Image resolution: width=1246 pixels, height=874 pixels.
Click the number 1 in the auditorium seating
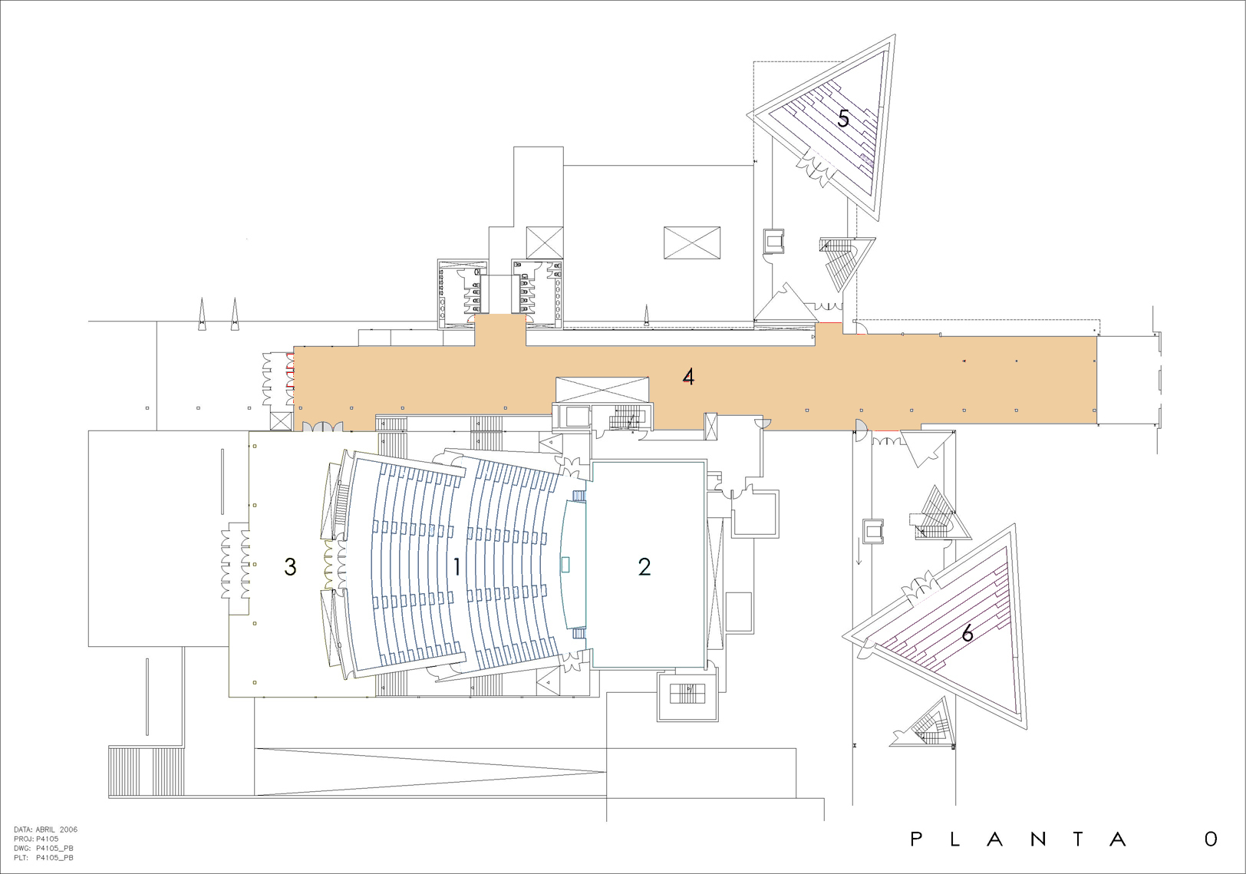click(457, 567)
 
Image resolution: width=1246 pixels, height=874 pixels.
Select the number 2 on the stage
click(644, 567)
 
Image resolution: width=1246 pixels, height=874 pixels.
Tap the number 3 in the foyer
click(290, 567)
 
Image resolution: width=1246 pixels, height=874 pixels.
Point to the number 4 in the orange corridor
click(689, 378)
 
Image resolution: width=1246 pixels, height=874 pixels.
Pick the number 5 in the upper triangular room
click(843, 118)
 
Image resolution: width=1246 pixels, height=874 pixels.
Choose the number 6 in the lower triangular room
click(967, 633)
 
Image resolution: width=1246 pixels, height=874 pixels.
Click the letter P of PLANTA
click(916, 839)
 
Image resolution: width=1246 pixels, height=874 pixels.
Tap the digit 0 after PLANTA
click(1211, 839)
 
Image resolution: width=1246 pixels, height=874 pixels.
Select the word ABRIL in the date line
click(45, 829)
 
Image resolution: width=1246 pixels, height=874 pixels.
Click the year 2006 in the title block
click(69, 829)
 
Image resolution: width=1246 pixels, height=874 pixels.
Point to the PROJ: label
click(23, 839)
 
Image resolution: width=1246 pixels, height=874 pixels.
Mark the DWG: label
click(22, 849)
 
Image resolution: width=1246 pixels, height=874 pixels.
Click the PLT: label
click(21, 858)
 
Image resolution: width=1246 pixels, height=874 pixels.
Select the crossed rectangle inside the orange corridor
click(602, 390)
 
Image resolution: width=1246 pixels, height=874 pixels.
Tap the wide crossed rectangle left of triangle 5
click(692, 242)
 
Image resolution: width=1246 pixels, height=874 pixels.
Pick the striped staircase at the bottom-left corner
click(146, 772)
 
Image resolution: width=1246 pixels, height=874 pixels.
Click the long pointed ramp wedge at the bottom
click(431, 772)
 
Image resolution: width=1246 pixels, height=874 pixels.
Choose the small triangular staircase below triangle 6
click(925, 724)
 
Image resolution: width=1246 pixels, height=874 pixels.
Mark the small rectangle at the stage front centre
click(565, 565)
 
